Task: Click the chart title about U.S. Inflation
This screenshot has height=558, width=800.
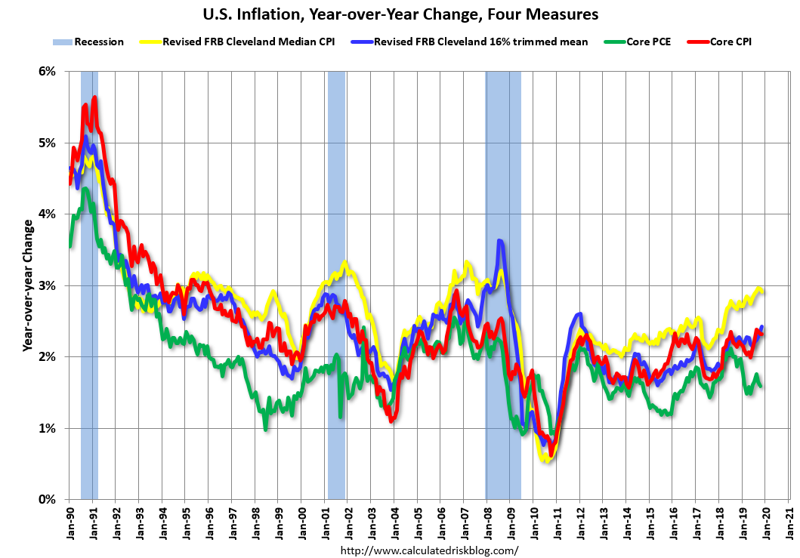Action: (399, 14)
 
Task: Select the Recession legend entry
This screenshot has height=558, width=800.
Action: (97, 42)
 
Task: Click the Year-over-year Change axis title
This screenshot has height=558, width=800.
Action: (28, 285)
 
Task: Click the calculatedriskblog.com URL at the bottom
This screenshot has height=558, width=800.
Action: (430, 550)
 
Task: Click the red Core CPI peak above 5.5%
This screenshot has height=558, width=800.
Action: (94, 97)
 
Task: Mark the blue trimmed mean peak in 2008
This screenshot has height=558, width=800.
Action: (500, 241)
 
